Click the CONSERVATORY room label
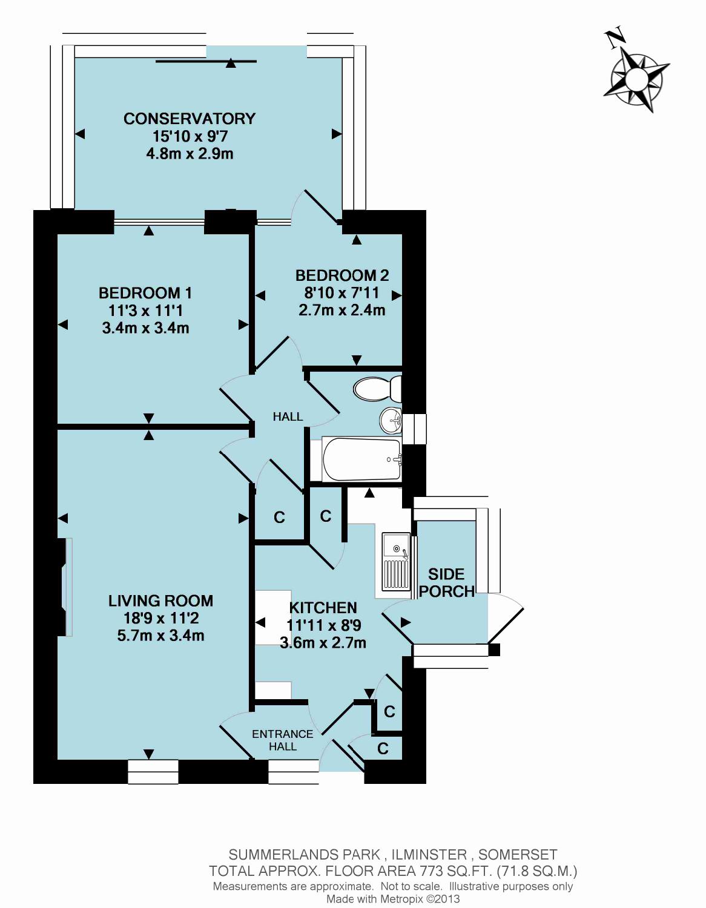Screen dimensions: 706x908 pos(190,119)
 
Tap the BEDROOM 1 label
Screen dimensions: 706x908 pos(145,293)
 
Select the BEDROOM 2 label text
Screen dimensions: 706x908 pos(342,275)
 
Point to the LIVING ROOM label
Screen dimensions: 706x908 pos(161,600)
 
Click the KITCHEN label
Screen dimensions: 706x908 pos(323,607)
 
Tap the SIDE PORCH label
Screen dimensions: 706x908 pos(447,582)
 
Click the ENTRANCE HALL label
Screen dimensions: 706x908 pos(283,740)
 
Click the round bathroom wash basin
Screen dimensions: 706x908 pos(391,420)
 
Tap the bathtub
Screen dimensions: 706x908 pos(361,459)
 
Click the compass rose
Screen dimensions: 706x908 pos(636,77)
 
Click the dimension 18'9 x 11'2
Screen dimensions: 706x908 pos(160,618)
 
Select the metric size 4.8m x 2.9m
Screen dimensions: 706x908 pos(190,154)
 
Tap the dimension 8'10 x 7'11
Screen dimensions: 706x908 pos(341,293)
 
